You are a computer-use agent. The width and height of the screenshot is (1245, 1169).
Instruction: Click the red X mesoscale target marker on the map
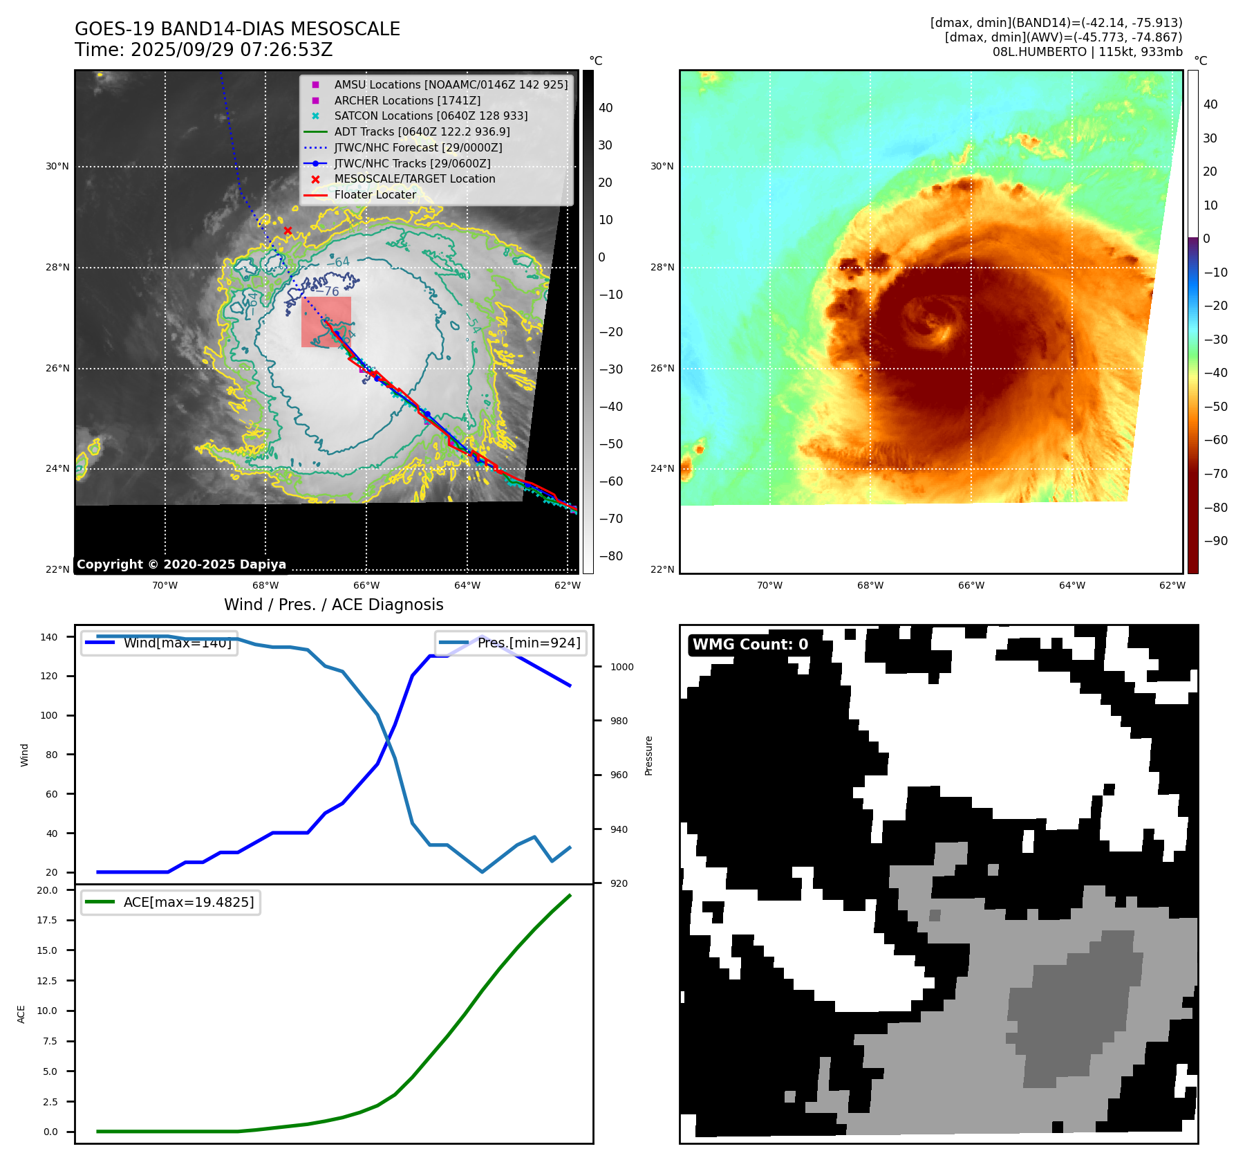[288, 230]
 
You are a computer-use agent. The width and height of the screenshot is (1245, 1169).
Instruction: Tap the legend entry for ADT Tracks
[422, 131]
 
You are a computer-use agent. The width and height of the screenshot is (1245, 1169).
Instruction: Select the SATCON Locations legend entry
[431, 116]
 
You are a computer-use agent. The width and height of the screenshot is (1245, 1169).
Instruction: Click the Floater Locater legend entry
[375, 194]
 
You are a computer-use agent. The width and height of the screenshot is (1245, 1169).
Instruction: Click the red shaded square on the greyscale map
[326, 322]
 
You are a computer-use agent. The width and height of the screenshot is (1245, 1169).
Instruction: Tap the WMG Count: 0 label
[750, 645]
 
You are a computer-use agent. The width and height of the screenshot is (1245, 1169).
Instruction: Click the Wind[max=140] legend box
[160, 643]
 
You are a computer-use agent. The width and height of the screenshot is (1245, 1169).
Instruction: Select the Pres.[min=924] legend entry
[511, 643]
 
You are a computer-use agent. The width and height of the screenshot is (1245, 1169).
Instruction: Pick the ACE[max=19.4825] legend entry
[171, 902]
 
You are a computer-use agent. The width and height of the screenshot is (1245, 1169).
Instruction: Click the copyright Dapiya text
[181, 564]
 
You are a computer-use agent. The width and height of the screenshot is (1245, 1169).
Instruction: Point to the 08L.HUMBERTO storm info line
[1087, 52]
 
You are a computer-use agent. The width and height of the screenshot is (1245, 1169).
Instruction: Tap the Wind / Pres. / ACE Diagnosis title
[333, 605]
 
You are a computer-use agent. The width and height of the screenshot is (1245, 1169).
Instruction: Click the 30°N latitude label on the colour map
[662, 166]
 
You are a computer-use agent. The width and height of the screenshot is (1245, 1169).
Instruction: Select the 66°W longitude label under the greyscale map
[366, 585]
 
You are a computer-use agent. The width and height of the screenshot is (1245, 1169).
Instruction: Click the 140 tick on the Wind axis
[49, 637]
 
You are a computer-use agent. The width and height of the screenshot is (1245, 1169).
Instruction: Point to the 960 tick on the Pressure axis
[619, 775]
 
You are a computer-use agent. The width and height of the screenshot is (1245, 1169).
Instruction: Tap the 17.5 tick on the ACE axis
[47, 920]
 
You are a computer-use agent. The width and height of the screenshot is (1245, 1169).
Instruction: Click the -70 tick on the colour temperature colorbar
[1215, 474]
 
